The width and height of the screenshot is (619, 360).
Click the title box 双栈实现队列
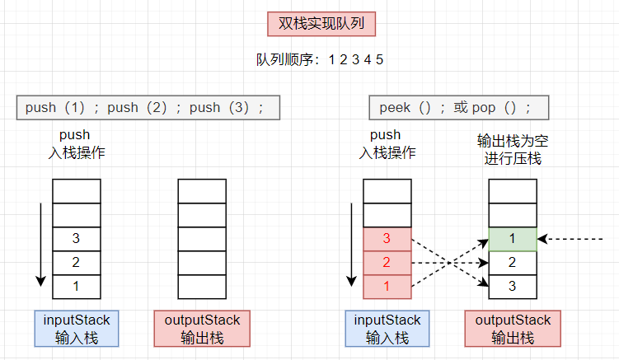(x=321, y=24)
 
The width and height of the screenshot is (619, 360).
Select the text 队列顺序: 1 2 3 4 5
(x=320, y=59)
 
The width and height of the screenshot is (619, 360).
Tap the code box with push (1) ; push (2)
(x=148, y=108)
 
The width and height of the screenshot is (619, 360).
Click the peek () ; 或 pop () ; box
(x=458, y=108)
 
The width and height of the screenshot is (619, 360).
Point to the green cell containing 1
(x=513, y=239)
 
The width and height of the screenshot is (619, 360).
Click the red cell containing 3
(x=387, y=239)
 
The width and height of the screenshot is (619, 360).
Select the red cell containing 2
(x=387, y=263)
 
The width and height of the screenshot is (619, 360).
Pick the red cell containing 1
(x=387, y=286)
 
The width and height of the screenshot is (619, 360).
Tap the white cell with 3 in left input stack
(x=76, y=239)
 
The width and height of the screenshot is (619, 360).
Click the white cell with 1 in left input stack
(x=76, y=286)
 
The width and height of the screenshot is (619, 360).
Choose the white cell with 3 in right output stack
(x=513, y=286)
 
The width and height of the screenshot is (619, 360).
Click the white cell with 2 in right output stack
(x=513, y=263)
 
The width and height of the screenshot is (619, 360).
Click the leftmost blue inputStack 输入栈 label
(x=77, y=328)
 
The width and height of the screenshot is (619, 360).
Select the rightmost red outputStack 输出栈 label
(x=513, y=328)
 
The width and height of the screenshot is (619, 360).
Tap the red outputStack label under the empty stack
(x=202, y=328)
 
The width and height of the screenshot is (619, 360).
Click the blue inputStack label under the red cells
(x=387, y=328)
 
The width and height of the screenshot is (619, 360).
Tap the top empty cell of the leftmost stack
(x=76, y=191)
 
